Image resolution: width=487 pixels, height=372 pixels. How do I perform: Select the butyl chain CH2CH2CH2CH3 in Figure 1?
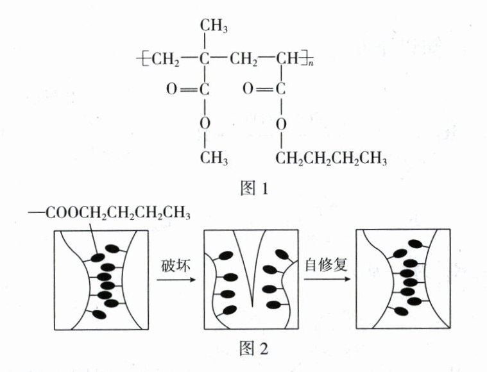tap(331, 157)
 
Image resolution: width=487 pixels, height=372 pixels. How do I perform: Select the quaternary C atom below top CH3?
tap(205, 60)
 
